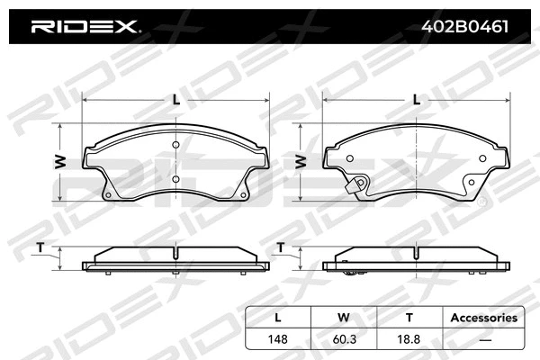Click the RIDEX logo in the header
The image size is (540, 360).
pyautogui.click(x=85, y=27)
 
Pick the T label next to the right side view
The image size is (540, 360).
pyautogui.click(x=281, y=247)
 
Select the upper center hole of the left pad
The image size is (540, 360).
pyautogui.click(x=176, y=148)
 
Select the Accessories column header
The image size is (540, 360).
pyautogui.click(x=483, y=317)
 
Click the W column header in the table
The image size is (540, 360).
pyautogui.click(x=343, y=317)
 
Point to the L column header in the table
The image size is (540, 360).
pyautogui.click(x=278, y=317)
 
